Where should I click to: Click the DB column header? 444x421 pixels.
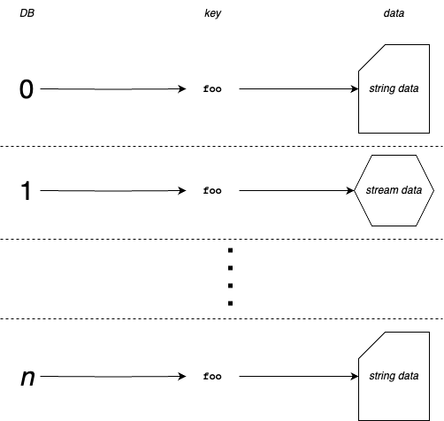point(27,15)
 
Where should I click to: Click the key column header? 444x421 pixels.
point(212,15)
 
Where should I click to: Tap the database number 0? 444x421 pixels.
point(27,89)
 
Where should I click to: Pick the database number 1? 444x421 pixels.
point(27,191)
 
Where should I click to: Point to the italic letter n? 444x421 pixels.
point(27,378)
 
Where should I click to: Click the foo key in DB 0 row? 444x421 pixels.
point(212,89)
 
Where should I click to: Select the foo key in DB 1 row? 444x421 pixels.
point(212,191)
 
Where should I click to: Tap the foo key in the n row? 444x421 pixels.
point(212,378)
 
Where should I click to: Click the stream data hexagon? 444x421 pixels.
point(394,191)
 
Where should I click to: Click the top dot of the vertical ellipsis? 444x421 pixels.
point(230,251)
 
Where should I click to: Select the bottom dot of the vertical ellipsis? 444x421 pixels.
point(230,303)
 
